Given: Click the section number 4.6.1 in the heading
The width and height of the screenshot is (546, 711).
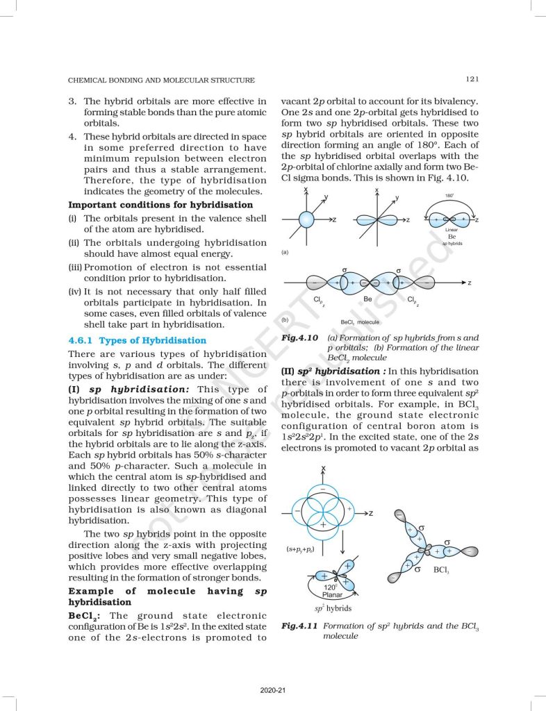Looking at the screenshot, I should tap(82, 340).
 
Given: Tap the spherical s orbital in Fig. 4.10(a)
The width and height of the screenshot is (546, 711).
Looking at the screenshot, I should tap(306, 219).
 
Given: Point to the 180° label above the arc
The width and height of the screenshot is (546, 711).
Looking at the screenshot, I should tap(449, 196).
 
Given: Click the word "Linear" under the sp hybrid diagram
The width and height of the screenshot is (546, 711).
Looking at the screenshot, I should tap(451, 229).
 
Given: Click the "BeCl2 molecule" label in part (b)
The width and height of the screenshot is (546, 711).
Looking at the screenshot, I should tap(360, 322).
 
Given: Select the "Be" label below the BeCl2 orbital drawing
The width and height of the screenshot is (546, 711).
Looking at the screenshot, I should tap(368, 298).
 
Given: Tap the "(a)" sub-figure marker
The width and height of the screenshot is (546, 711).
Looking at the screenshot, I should tap(285, 253).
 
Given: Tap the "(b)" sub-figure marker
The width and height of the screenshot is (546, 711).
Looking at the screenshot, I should tap(285, 319).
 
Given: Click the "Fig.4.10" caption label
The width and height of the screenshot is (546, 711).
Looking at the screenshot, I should tap(299, 337).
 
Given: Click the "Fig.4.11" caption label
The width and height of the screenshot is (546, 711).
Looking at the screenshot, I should tap(299, 626).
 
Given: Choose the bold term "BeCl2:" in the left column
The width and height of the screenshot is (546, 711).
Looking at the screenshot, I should tap(87, 615).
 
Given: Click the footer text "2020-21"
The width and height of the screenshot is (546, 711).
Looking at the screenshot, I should tap(272, 689).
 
